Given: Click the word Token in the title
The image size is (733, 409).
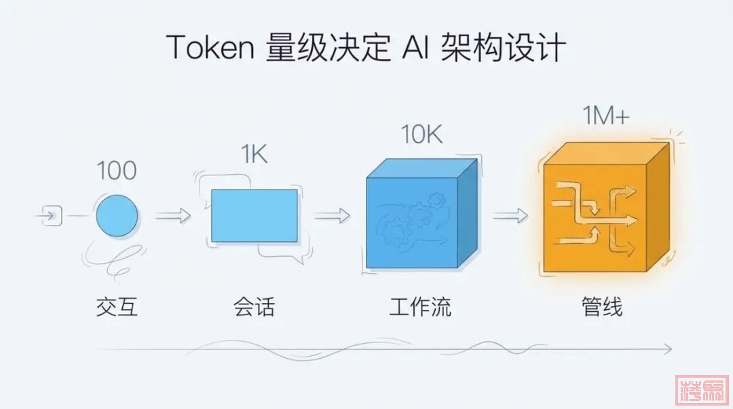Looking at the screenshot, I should coord(208,48).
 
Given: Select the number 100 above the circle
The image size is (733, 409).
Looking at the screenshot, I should coord(117,171).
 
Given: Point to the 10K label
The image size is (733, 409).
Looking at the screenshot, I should coord(421,135).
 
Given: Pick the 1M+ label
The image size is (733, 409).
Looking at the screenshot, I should coord(606,117).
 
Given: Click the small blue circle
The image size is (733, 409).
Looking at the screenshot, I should coord(117,216).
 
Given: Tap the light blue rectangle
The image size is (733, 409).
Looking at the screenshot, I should coord(255,216).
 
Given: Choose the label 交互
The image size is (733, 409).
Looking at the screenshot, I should coord(117,307).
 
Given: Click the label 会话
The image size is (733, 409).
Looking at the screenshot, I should coord(254,307).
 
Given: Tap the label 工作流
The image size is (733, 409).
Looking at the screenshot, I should coord(421,307).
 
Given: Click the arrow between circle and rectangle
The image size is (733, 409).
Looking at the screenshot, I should coord(173,216).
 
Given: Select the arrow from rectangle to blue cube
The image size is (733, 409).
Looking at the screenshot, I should coord(332,216).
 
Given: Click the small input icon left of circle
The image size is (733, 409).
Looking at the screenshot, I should coord(52,216).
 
